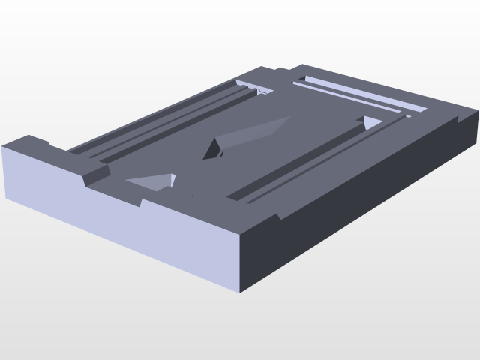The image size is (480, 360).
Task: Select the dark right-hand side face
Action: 360,210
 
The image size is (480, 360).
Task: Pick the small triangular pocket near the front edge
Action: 153,181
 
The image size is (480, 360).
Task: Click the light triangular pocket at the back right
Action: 371,122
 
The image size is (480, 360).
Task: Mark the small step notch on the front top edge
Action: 142,202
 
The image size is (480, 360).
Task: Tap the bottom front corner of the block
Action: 240,291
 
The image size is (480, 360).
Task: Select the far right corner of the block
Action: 478,112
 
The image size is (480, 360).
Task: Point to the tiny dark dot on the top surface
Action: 193,196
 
